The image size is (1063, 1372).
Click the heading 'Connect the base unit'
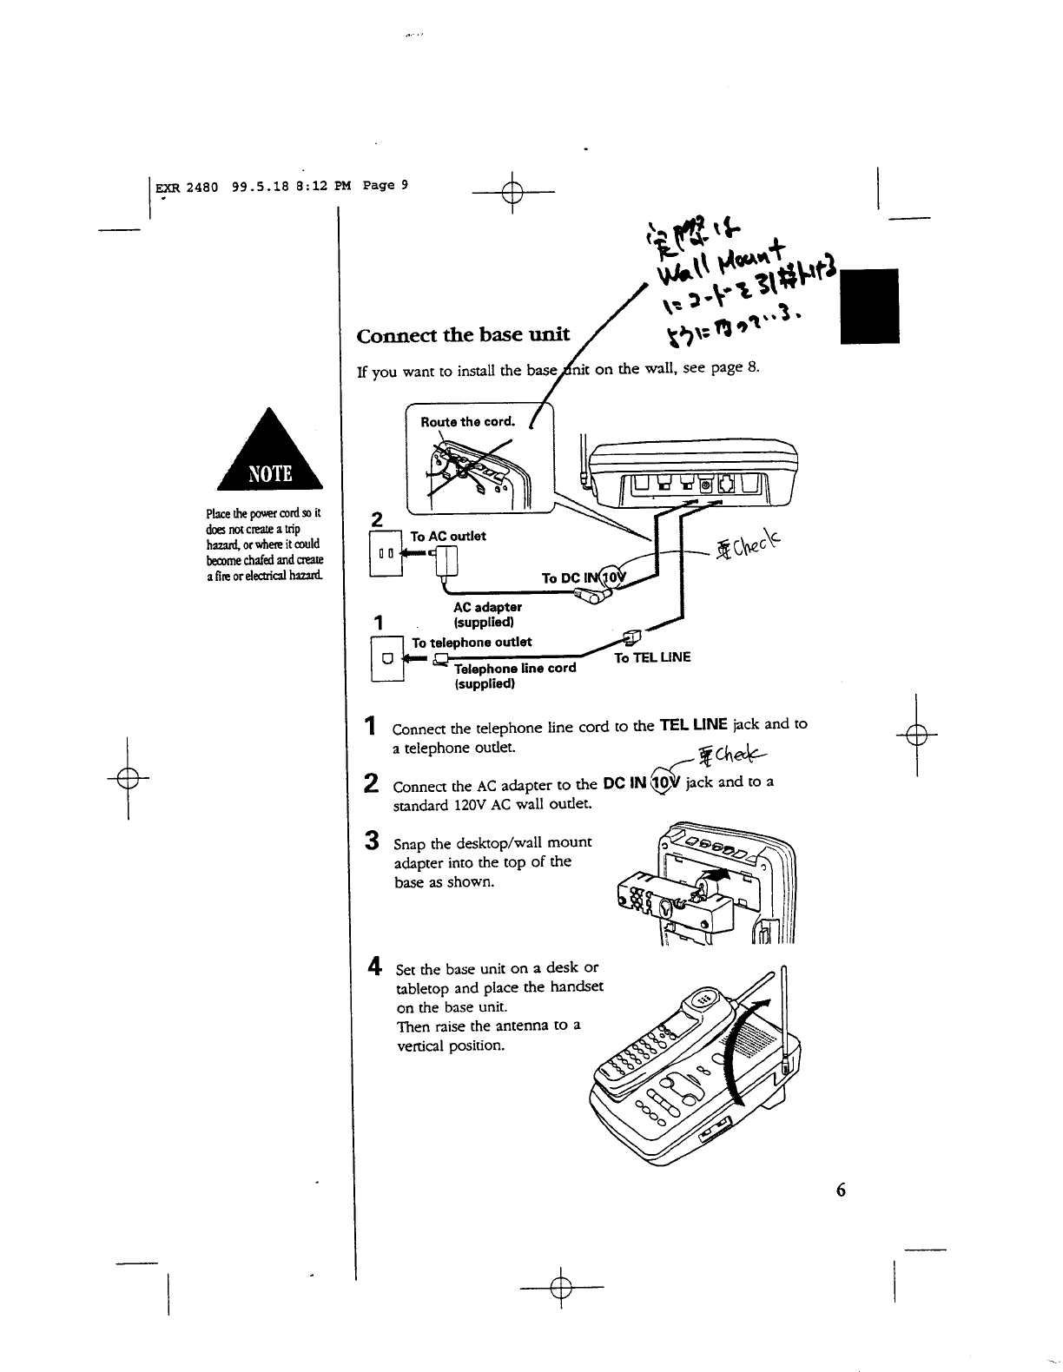464,335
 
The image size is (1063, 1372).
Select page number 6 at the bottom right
840,1191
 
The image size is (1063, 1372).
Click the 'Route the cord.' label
467,423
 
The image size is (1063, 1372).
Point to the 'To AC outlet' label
448,536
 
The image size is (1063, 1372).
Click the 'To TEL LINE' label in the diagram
651,657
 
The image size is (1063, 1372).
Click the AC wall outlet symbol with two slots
386,553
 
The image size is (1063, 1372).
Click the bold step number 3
372,841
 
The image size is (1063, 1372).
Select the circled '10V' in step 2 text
666,781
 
